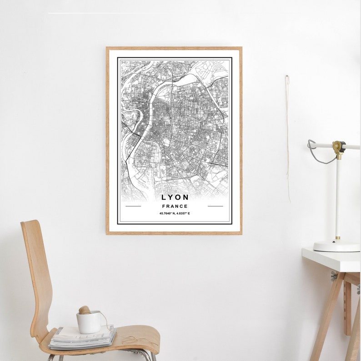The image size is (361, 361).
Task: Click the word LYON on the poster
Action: tap(175, 197)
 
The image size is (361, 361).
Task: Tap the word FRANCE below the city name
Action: tap(175, 206)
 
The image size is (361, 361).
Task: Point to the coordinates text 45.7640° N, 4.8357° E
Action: tap(175, 213)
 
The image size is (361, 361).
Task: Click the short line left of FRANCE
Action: tap(133, 206)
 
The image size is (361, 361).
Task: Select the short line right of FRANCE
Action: tap(216, 206)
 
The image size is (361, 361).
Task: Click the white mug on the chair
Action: tap(89, 322)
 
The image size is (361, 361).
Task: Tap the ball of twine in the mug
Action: tap(85, 310)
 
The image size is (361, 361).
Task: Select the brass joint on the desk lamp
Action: tap(337, 147)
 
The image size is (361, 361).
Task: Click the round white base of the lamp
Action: tap(336, 246)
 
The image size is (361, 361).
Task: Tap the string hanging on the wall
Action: tap(287, 136)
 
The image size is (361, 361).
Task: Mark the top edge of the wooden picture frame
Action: tap(174, 48)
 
